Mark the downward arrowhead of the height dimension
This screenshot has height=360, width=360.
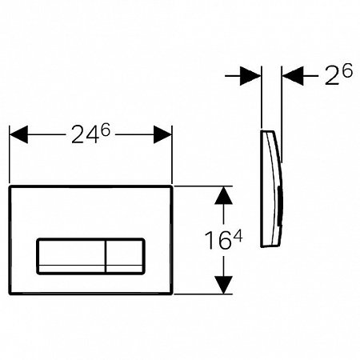[x=223, y=283]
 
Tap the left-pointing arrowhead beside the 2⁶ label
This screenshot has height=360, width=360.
[x=292, y=78]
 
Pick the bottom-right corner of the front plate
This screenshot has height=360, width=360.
[x=172, y=293]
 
